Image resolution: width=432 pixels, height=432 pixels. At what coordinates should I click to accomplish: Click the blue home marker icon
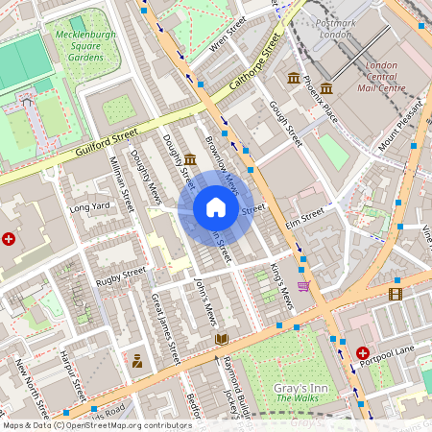point(216,208)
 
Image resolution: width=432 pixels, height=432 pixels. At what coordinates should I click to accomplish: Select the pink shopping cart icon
point(303,285)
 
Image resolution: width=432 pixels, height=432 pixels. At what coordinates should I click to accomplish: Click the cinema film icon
point(396,293)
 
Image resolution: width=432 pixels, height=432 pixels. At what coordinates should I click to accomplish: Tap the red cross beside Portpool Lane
point(363,353)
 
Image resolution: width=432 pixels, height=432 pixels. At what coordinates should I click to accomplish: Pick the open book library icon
point(222,339)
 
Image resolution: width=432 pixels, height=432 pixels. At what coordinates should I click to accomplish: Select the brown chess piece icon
point(137,361)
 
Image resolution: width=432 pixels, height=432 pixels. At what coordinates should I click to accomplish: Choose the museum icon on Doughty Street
point(190,158)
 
